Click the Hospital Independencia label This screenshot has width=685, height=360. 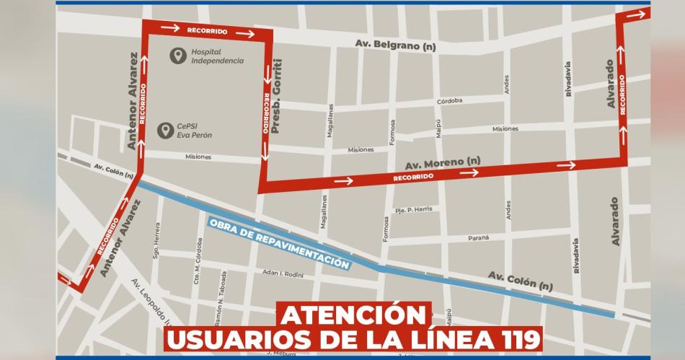pos(217,56)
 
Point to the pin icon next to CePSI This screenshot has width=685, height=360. pos(164,131)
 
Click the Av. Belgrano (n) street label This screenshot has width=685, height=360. pos(396,45)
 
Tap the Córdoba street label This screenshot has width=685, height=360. pos(449,102)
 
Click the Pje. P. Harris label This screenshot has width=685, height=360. pos(414,209)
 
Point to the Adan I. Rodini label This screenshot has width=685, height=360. pos(283,275)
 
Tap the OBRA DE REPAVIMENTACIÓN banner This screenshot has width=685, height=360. pos(280,244)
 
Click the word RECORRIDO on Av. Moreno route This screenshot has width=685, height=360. pos(413,177)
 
